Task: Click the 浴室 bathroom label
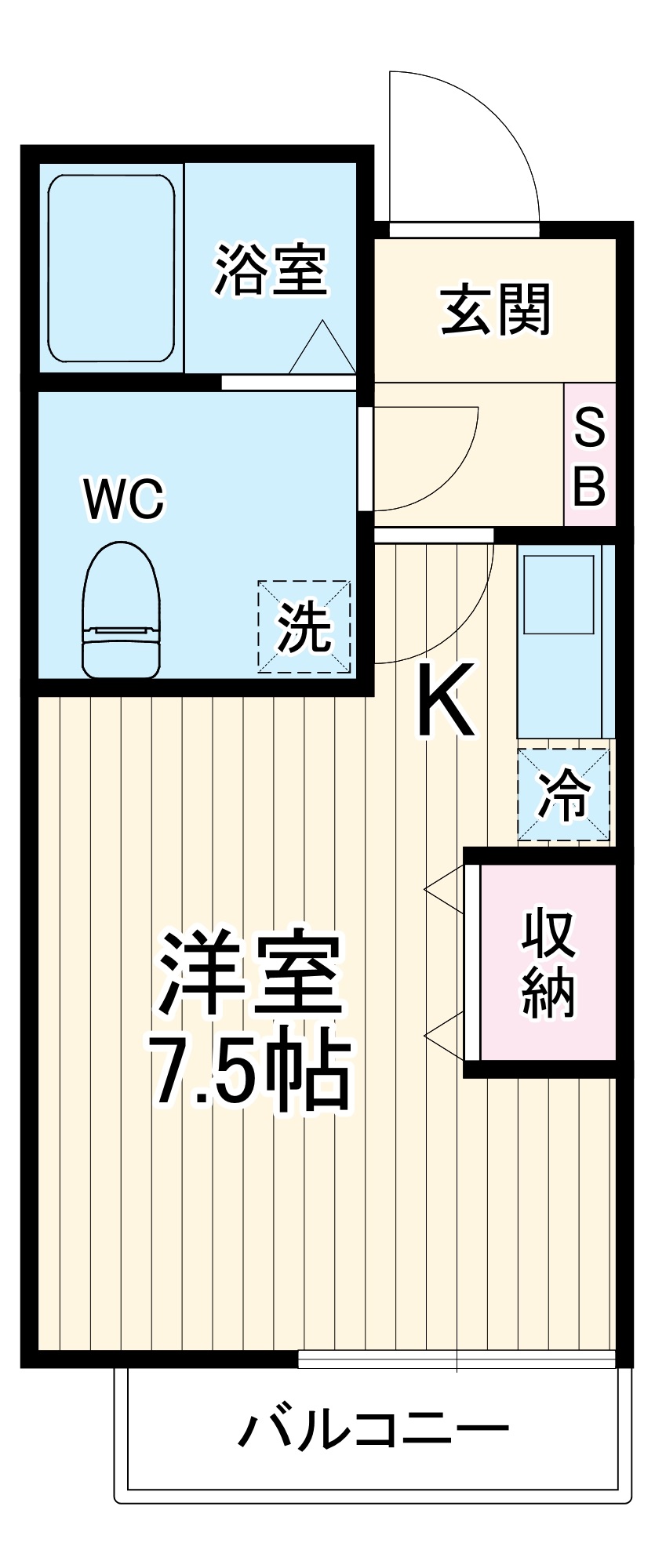click(x=271, y=271)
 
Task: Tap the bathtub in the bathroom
click(x=111, y=268)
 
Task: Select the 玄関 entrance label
click(x=496, y=310)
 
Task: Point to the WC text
click(x=125, y=499)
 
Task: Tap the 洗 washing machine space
click(x=304, y=626)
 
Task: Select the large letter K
click(x=444, y=700)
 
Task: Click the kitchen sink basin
click(x=559, y=594)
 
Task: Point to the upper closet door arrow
click(x=443, y=889)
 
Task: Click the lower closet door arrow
click(x=443, y=1036)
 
